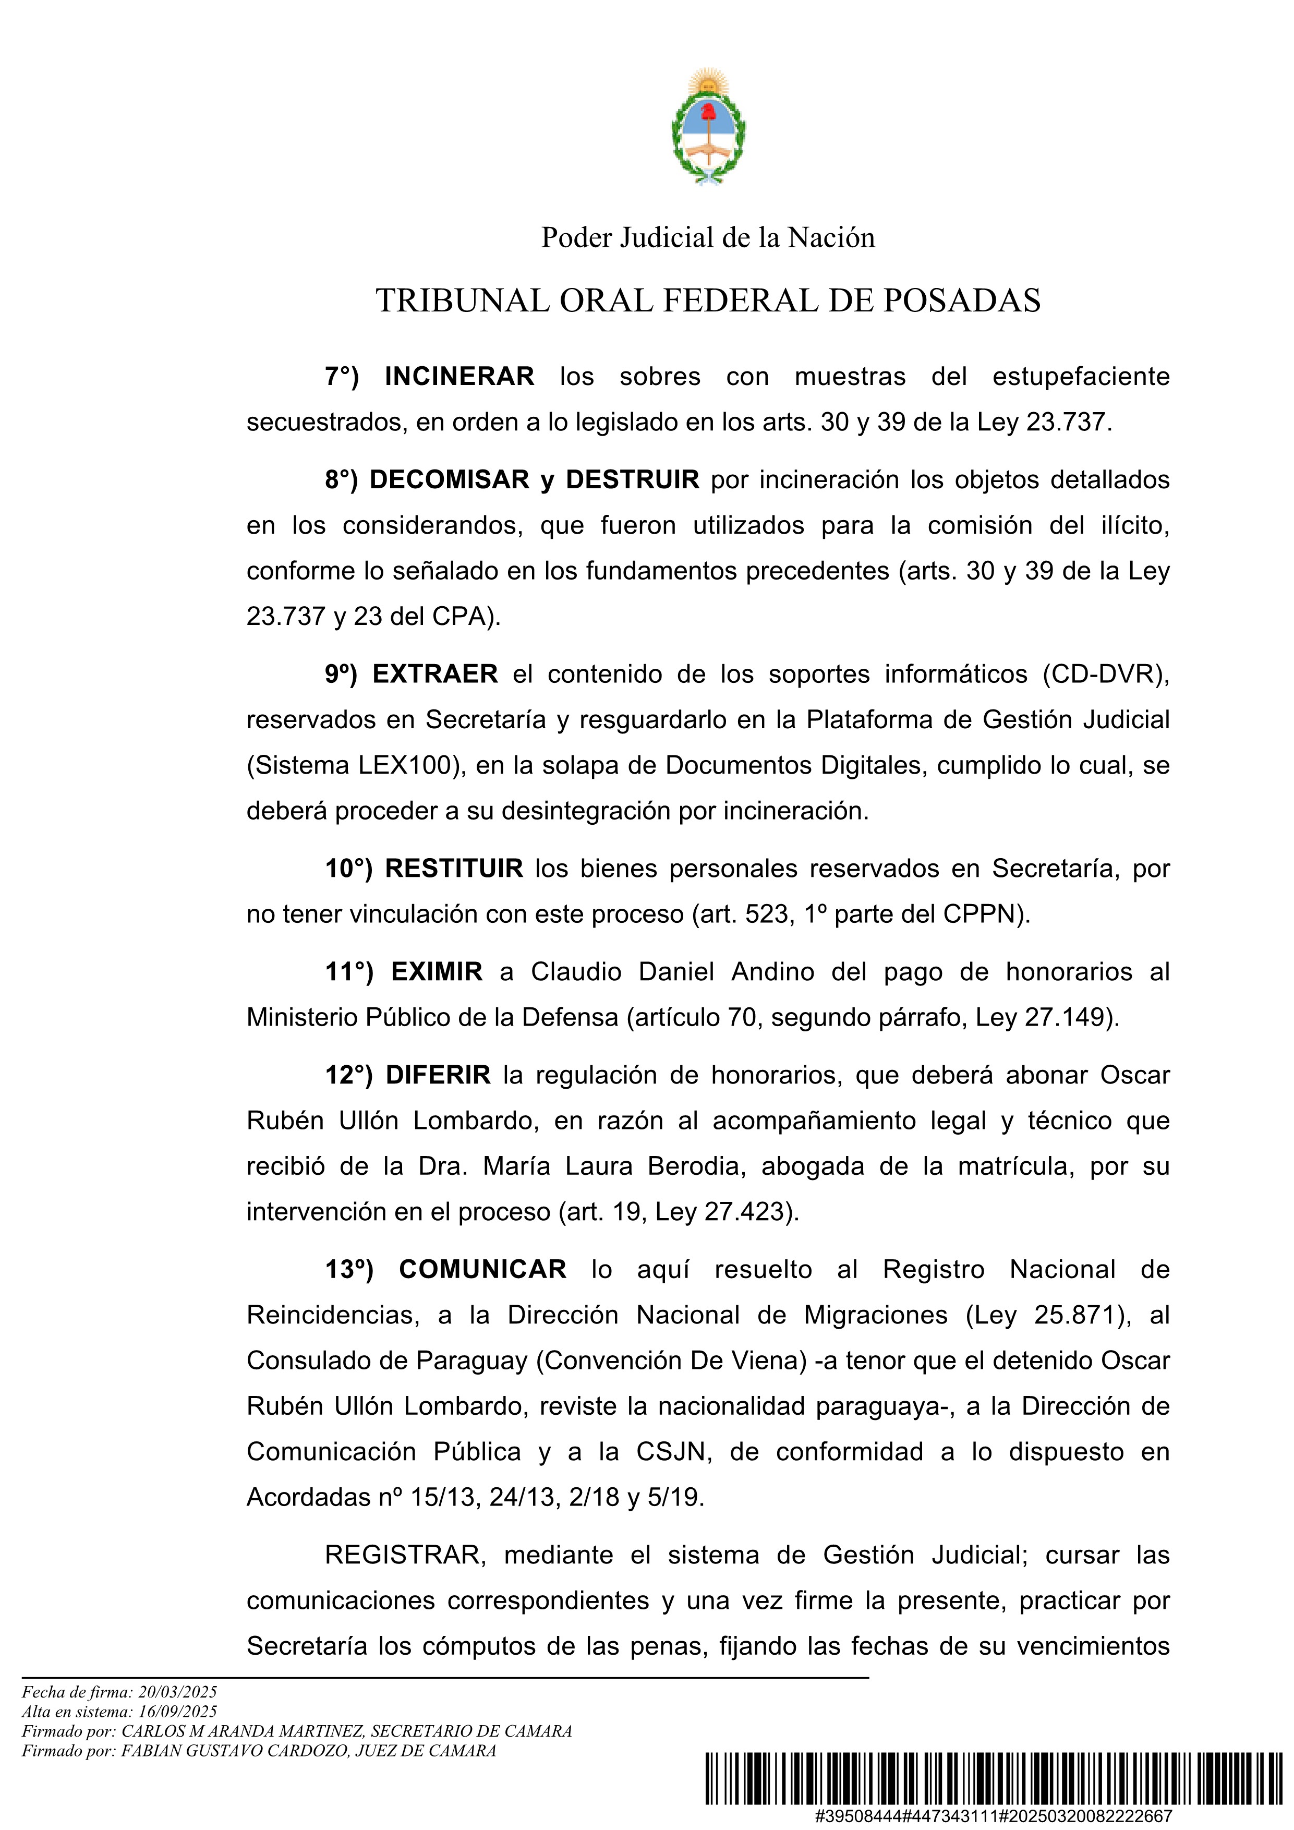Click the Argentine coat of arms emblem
(708, 127)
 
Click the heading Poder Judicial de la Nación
(708, 237)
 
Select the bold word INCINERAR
(459, 376)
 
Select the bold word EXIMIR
(437, 971)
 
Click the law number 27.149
(1066, 1018)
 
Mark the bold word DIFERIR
(438, 1075)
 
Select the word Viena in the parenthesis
(764, 1361)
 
